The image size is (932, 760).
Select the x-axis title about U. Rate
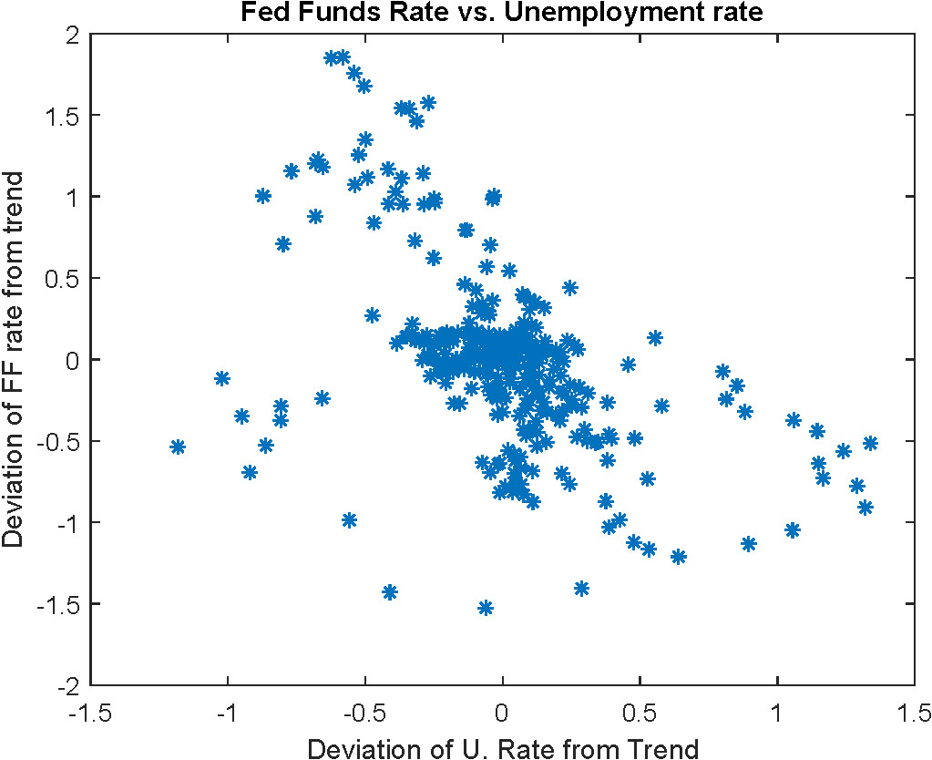click(503, 748)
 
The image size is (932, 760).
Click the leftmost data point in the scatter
click(178, 447)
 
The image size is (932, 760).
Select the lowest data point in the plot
click(486, 608)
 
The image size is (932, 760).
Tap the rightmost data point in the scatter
click(870, 443)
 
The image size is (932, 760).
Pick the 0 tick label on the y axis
click(71, 360)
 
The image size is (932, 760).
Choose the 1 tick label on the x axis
click(777, 711)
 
